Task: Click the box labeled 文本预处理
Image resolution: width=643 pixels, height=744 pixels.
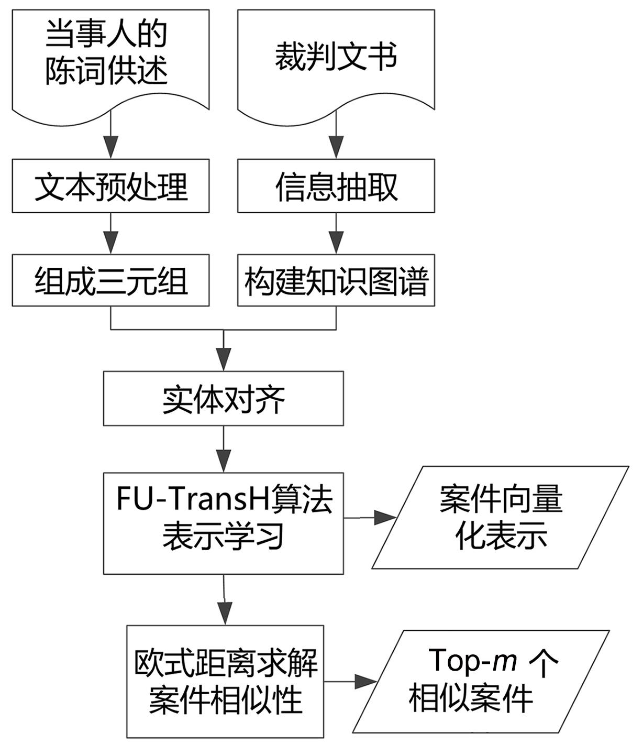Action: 110,187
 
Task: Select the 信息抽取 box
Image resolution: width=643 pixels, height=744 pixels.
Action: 336,187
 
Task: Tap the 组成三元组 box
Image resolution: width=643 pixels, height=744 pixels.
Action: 110,280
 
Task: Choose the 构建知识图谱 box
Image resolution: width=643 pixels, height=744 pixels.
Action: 336,280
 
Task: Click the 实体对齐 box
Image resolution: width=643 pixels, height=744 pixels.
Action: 223,398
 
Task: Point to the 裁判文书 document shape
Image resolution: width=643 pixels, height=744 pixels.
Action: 336,58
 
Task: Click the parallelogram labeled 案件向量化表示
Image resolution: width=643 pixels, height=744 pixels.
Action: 500,517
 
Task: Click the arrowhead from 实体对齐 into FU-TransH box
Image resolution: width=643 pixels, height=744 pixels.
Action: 224,461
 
